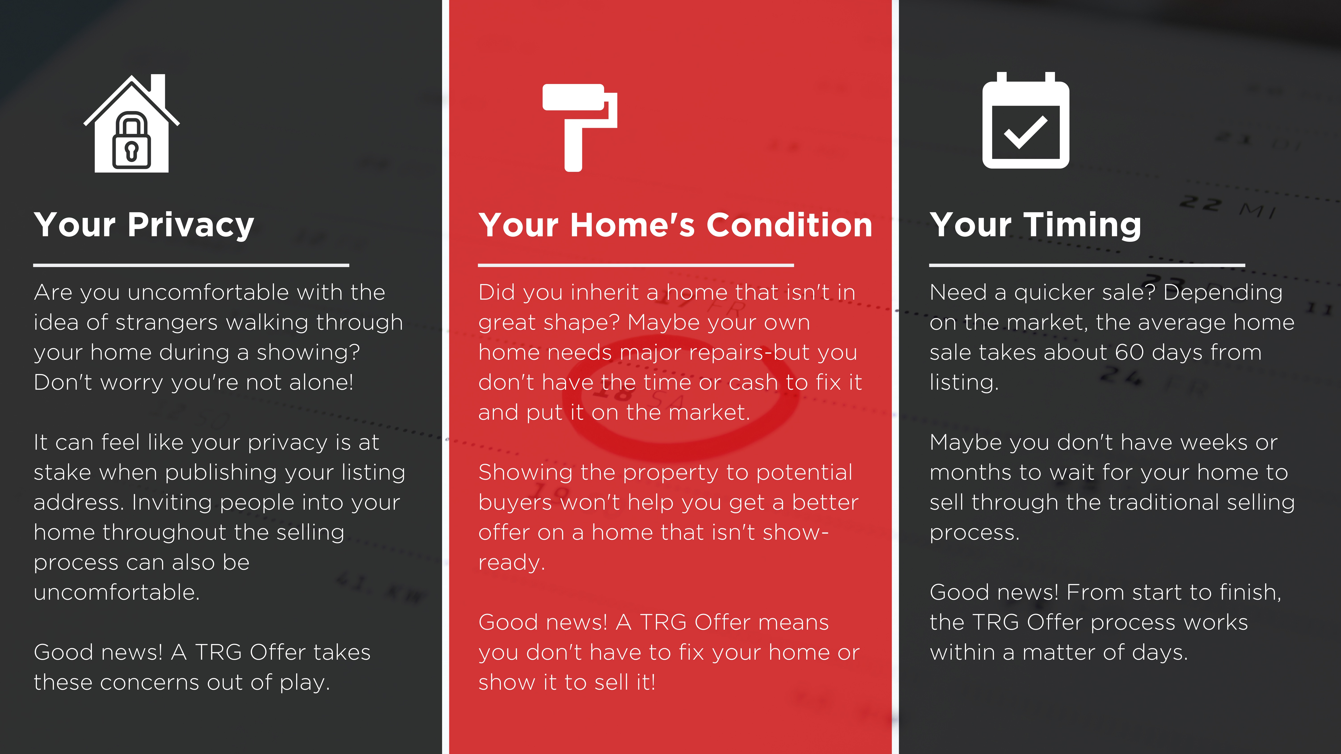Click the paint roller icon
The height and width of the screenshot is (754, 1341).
(x=579, y=127)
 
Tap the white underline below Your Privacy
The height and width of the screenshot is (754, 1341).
(x=191, y=265)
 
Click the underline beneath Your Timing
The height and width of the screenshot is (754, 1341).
(x=1087, y=265)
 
